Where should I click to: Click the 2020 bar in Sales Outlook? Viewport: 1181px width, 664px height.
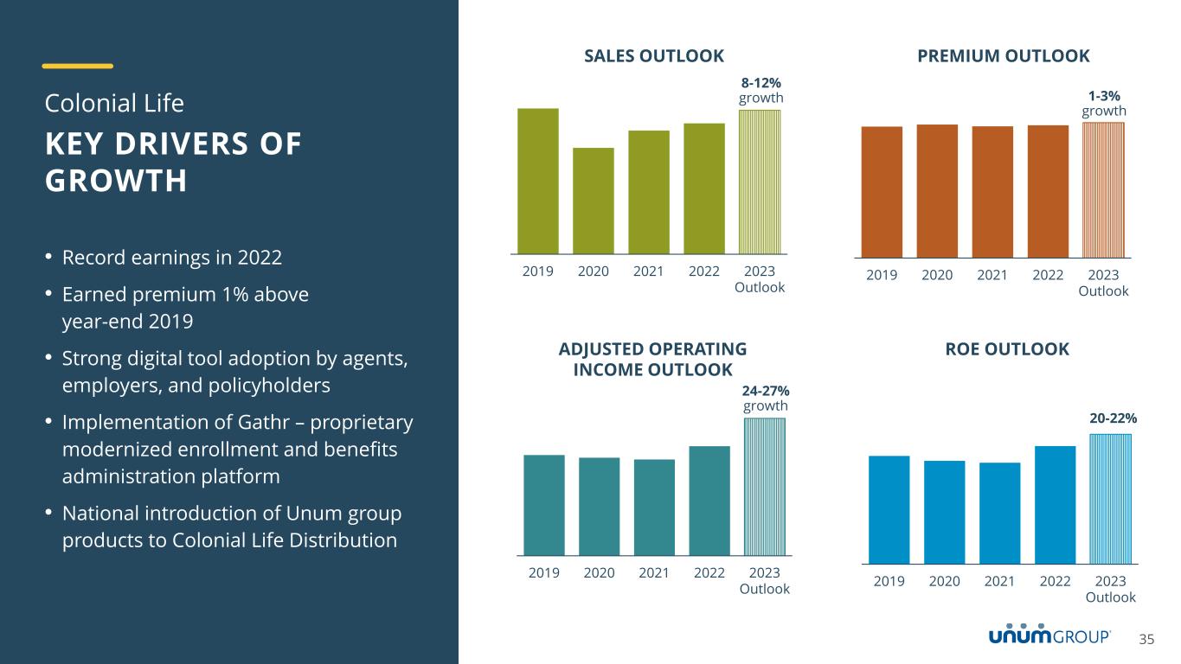tap(593, 201)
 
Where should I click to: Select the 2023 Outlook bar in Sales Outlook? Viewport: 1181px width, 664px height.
tap(759, 182)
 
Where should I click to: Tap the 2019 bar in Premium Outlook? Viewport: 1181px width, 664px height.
tap(882, 192)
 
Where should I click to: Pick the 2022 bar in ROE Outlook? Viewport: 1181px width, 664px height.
tap(1055, 505)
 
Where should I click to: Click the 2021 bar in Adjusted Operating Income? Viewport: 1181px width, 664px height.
tap(654, 507)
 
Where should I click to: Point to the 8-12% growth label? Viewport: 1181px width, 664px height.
tap(761, 90)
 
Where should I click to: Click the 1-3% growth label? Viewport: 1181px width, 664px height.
tap(1104, 104)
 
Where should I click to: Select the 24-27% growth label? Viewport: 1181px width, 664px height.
tap(765, 399)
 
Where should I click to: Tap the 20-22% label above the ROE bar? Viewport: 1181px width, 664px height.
tap(1113, 418)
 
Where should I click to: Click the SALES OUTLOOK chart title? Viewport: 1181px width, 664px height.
tap(654, 56)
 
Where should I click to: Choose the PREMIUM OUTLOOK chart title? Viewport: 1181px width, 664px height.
tap(1003, 56)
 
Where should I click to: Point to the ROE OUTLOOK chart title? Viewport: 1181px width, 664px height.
tap(1008, 349)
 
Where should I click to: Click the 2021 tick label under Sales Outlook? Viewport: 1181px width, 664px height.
tap(648, 271)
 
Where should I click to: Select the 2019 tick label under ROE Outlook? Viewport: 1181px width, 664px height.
tap(889, 581)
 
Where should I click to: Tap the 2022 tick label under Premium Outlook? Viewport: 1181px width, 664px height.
tap(1048, 275)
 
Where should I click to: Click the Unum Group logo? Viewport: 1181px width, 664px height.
tap(1049, 635)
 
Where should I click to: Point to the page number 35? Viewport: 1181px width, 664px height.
tap(1146, 640)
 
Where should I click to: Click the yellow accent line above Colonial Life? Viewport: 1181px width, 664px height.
tap(78, 66)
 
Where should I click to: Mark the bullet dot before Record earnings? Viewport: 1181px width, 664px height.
tap(49, 258)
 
